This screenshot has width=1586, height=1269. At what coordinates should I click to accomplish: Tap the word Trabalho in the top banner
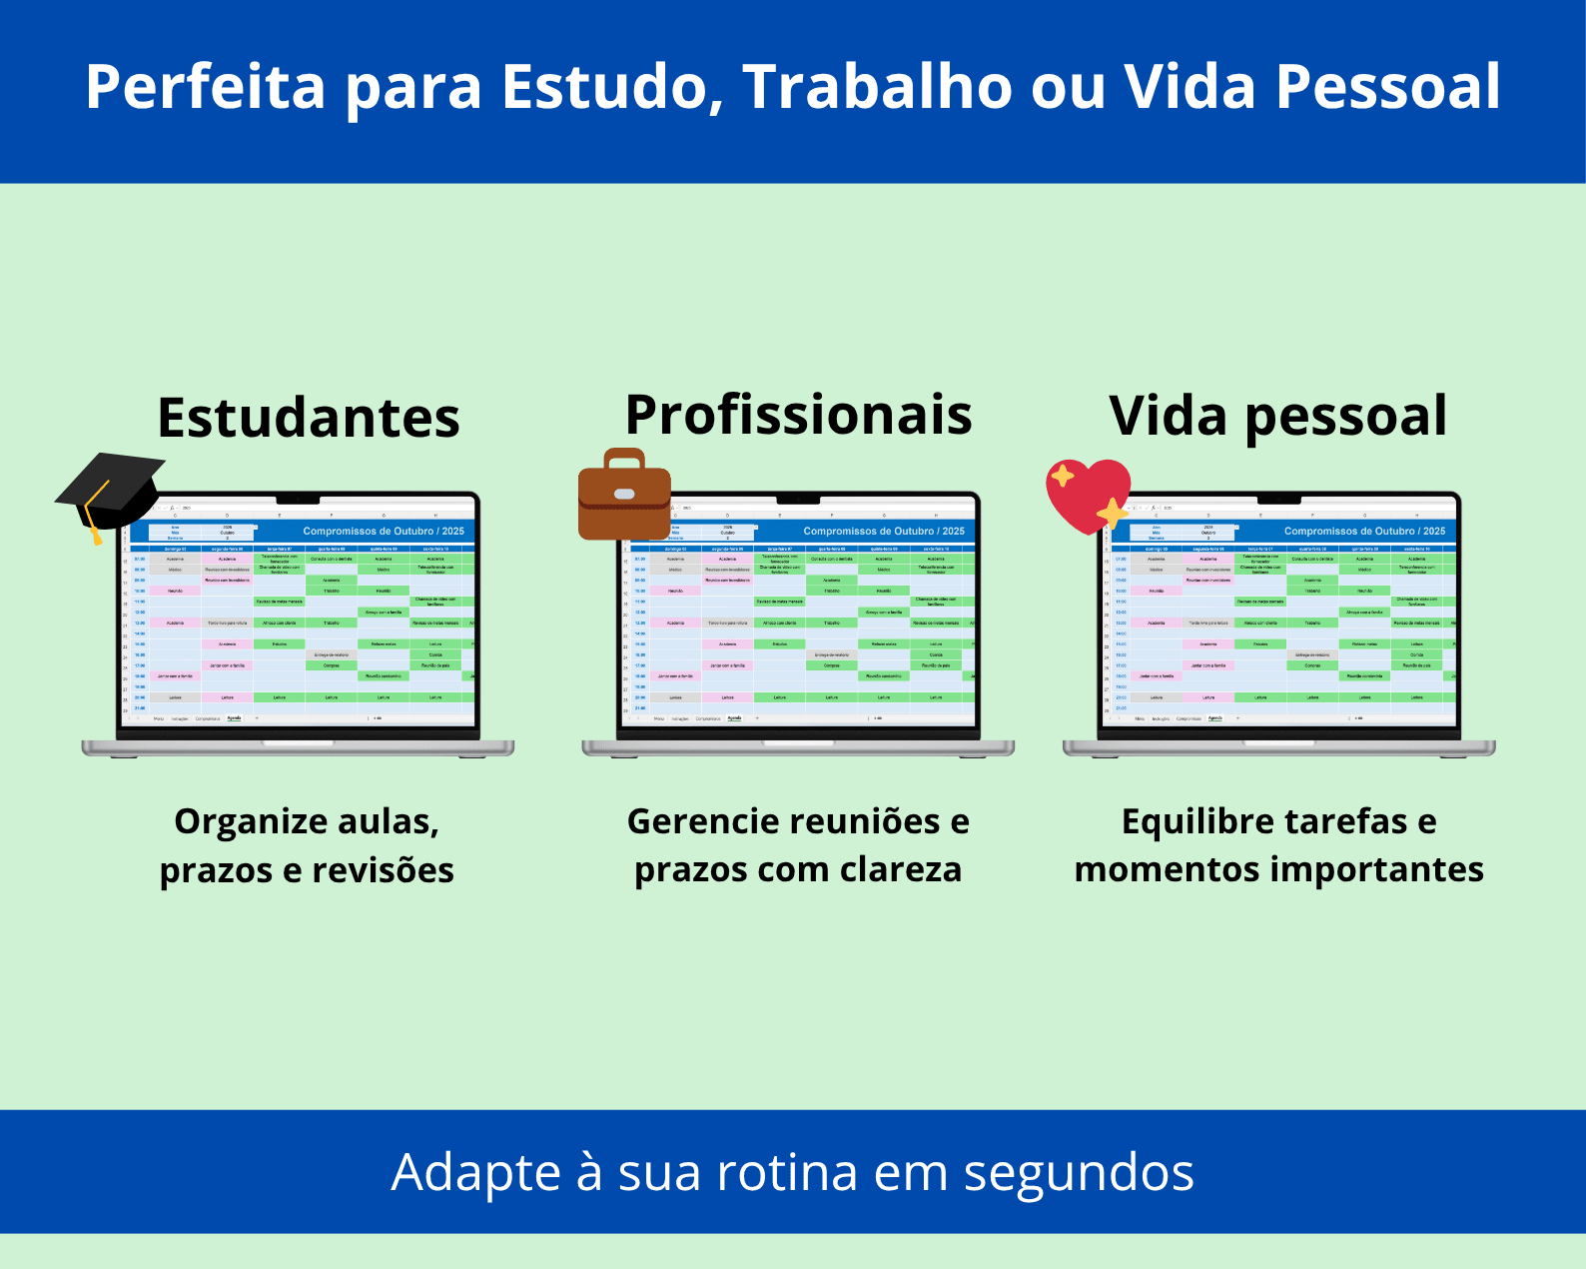pos(877,87)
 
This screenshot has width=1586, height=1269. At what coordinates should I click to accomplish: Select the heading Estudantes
pos(309,418)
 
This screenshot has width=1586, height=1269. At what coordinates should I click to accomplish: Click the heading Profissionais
pos(798,415)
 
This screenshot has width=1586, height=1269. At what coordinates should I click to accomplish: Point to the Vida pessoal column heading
pos(1277,416)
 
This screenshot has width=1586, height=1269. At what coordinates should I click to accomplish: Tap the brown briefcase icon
pos(624,496)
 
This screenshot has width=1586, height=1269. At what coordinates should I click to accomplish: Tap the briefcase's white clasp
pos(624,494)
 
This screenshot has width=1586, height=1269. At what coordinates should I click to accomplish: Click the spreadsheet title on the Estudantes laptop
pos(384,532)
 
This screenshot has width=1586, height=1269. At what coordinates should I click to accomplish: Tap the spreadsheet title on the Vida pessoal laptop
pos(1364,532)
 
